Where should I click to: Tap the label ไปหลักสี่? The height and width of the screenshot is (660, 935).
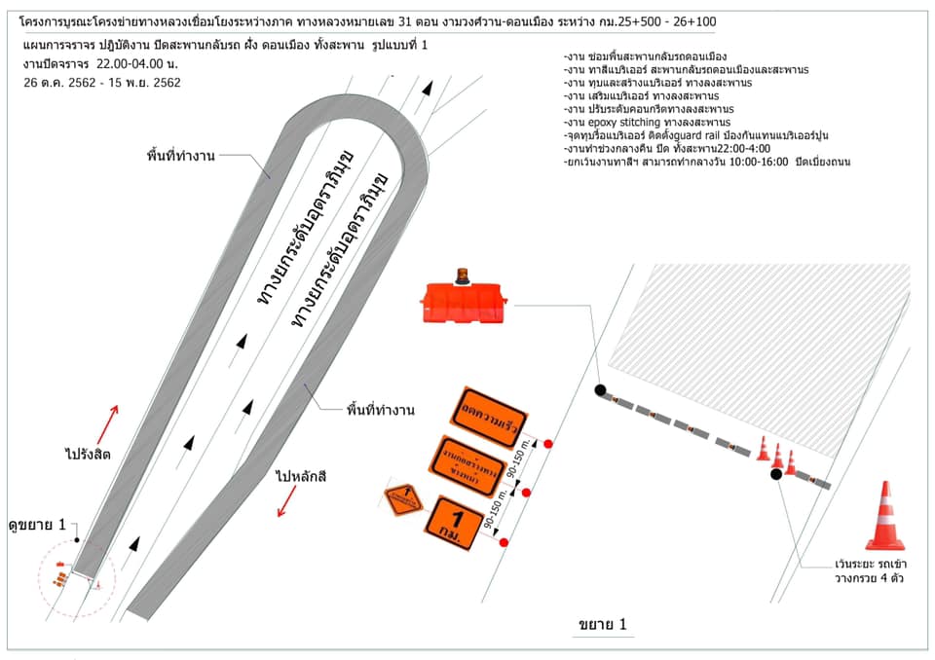click(305, 477)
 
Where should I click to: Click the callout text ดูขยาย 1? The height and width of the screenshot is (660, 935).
click(40, 525)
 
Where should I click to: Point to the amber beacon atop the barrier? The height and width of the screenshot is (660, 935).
click(465, 275)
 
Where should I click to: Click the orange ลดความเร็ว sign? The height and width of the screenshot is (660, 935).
click(490, 414)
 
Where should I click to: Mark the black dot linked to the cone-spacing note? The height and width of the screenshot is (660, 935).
click(776, 474)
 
